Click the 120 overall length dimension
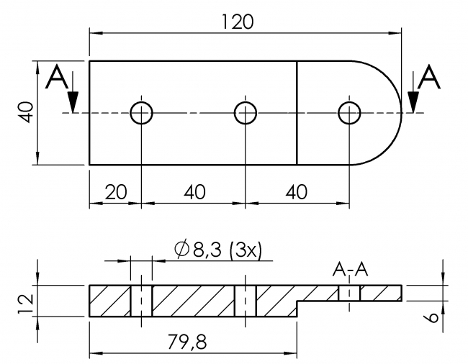pos(238,22)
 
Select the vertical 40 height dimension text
pos(24,112)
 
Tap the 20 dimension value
pos(115,192)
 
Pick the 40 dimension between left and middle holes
pos(194,192)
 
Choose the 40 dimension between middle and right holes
pos(297,192)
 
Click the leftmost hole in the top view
pos(142,112)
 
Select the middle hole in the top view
pos(246,112)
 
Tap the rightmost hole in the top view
pos(350,112)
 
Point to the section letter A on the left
pos(58,78)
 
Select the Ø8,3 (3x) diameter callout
pos(220,249)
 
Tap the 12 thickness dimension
pos(24,300)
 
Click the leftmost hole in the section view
pos(142,301)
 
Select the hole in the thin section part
pos(350,294)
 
